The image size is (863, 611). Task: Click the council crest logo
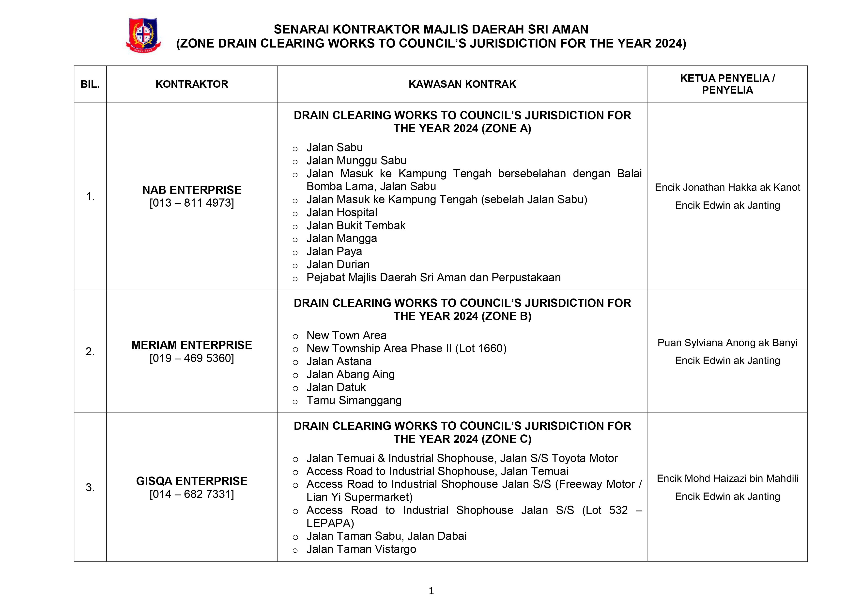click(x=143, y=35)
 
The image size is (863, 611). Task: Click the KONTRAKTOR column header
click(x=192, y=84)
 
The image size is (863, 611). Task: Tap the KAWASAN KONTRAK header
click(x=462, y=84)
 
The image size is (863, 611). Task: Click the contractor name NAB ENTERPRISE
click(x=192, y=190)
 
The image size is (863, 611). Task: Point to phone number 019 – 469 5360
click(x=192, y=358)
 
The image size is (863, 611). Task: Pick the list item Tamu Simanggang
click(x=354, y=400)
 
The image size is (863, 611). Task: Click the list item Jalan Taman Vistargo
click(x=361, y=549)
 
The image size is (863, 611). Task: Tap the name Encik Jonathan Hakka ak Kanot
click(x=727, y=187)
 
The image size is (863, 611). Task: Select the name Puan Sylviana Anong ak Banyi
click(x=727, y=343)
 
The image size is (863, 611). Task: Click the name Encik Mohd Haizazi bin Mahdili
click(x=727, y=479)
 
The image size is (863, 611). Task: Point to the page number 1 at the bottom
click(x=431, y=591)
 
